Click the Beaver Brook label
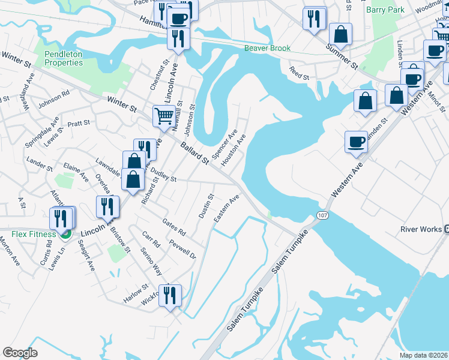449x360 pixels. click(x=267, y=48)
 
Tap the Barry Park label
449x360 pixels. click(x=385, y=10)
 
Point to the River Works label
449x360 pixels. click(x=421, y=229)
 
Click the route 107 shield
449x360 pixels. click(x=322, y=215)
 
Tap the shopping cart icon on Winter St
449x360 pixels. click(x=163, y=115)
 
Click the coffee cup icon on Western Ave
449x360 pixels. click(x=356, y=142)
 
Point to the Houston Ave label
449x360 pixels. click(x=233, y=151)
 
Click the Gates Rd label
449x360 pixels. click(x=174, y=227)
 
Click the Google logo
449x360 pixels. click(x=20, y=353)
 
